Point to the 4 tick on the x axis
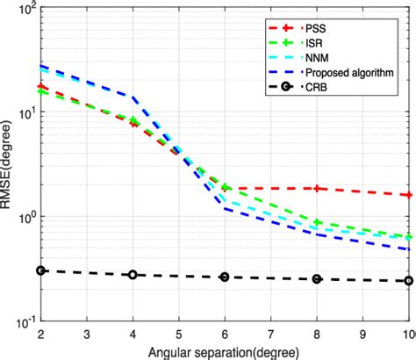click(133, 335)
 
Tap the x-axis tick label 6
click(226, 335)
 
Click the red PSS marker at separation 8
click(318, 189)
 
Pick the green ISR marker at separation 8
click(318, 223)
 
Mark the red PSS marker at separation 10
click(409, 195)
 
